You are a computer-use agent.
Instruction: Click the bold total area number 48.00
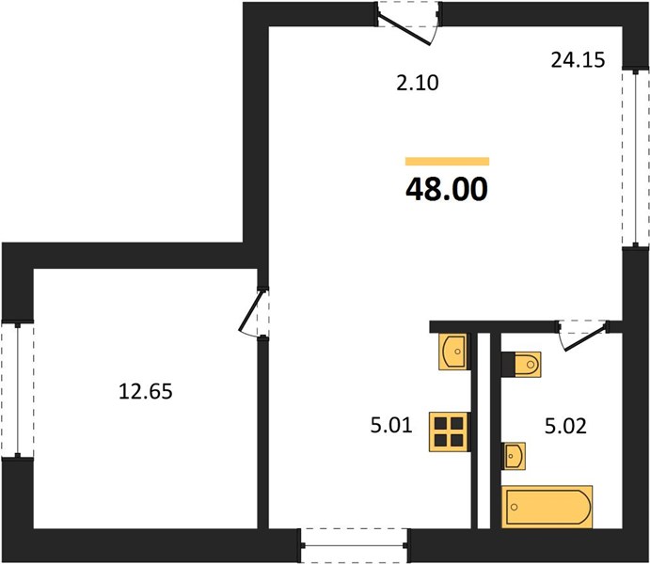pyautogui.click(x=447, y=189)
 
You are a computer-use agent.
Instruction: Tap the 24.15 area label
pyautogui.click(x=578, y=60)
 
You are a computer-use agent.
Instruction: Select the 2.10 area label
pyautogui.click(x=417, y=83)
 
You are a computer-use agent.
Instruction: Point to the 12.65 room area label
pyautogui.click(x=146, y=391)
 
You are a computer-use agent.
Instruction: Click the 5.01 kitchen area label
pyautogui.click(x=391, y=425)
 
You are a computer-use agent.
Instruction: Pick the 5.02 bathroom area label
pyautogui.click(x=565, y=426)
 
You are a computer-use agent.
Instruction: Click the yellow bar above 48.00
pyautogui.click(x=448, y=161)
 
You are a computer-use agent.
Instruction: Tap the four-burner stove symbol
pyautogui.click(x=450, y=431)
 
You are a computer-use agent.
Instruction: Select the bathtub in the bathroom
pyautogui.click(x=547, y=507)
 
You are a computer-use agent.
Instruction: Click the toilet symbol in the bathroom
pyautogui.click(x=521, y=365)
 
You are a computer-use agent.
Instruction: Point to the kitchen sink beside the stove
pyautogui.click(x=453, y=352)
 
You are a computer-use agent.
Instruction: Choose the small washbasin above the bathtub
pyautogui.click(x=514, y=456)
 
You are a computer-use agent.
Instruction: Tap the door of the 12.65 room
pyautogui.click(x=251, y=313)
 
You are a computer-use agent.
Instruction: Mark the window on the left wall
pyautogui.click(x=18, y=390)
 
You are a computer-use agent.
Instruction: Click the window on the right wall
pyautogui.click(x=636, y=158)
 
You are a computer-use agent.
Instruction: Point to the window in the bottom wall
pyautogui.click(x=354, y=545)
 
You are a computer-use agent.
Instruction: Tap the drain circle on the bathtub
pyautogui.click(x=515, y=508)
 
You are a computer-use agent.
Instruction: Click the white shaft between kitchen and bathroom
pyautogui.click(x=484, y=431)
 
